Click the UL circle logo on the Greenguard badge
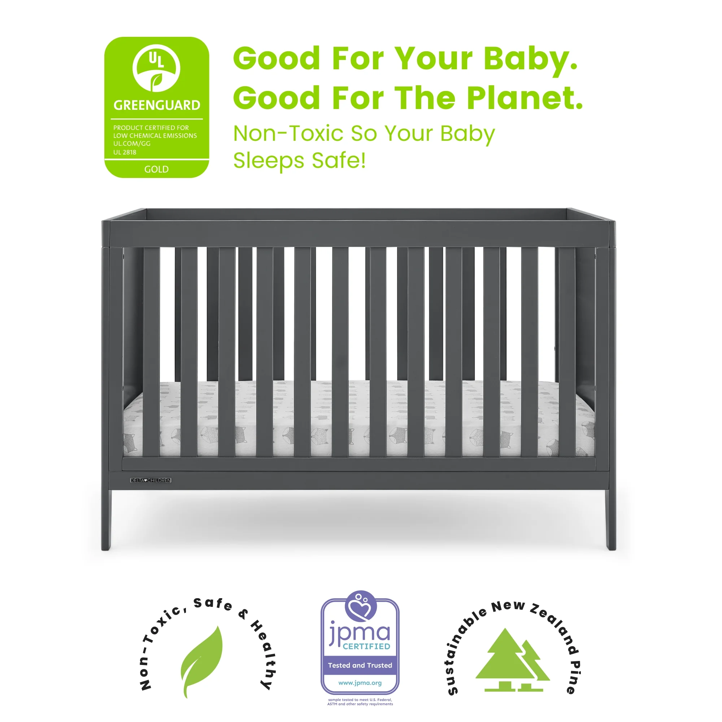156,68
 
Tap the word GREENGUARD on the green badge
157,105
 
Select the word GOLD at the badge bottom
156,169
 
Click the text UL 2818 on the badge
125,152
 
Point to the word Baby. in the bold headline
531,59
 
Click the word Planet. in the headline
525,98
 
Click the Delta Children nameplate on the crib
151,480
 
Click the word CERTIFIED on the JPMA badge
366,646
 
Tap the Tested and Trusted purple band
360,665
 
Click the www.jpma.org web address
360,683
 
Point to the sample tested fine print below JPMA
360,702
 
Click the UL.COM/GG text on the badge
132,144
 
